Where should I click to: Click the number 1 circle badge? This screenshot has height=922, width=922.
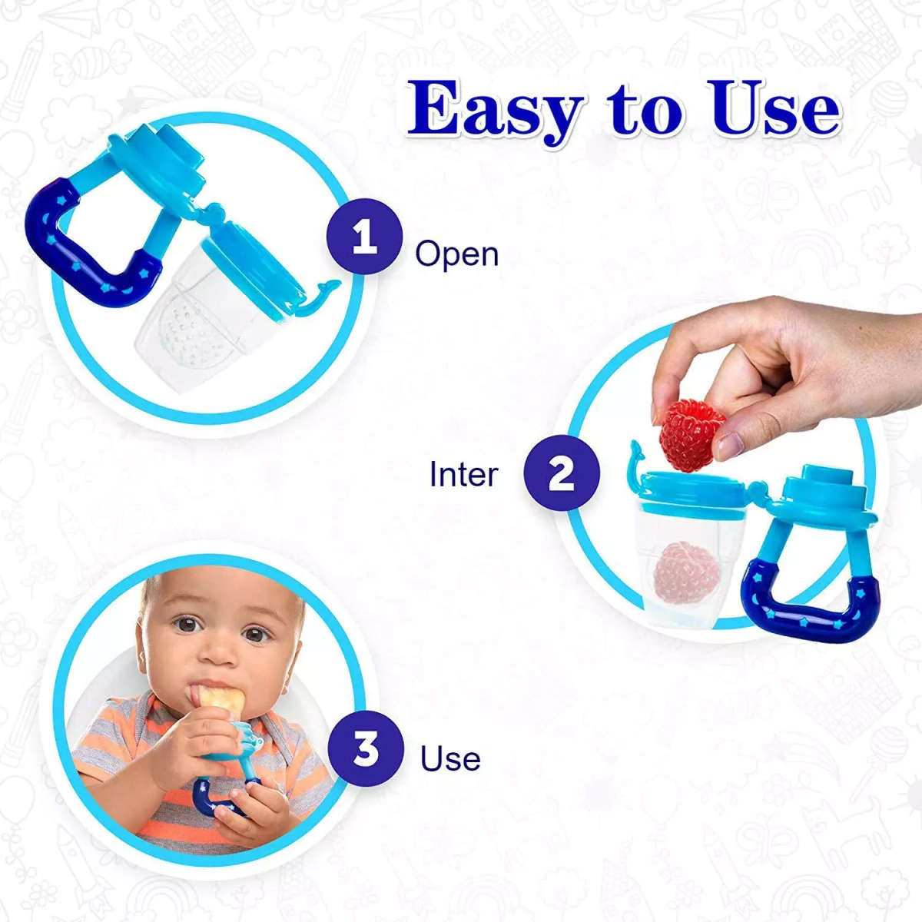pyautogui.click(x=364, y=236)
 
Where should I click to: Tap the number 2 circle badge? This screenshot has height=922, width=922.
pyautogui.click(x=562, y=473)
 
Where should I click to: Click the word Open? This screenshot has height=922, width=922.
pyautogui.click(x=456, y=254)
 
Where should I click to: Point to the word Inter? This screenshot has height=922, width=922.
pyautogui.click(x=463, y=474)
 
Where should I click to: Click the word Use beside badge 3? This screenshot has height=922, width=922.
pyautogui.click(x=450, y=758)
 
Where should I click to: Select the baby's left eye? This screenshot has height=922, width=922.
pyautogui.click(x=256, y=634)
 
